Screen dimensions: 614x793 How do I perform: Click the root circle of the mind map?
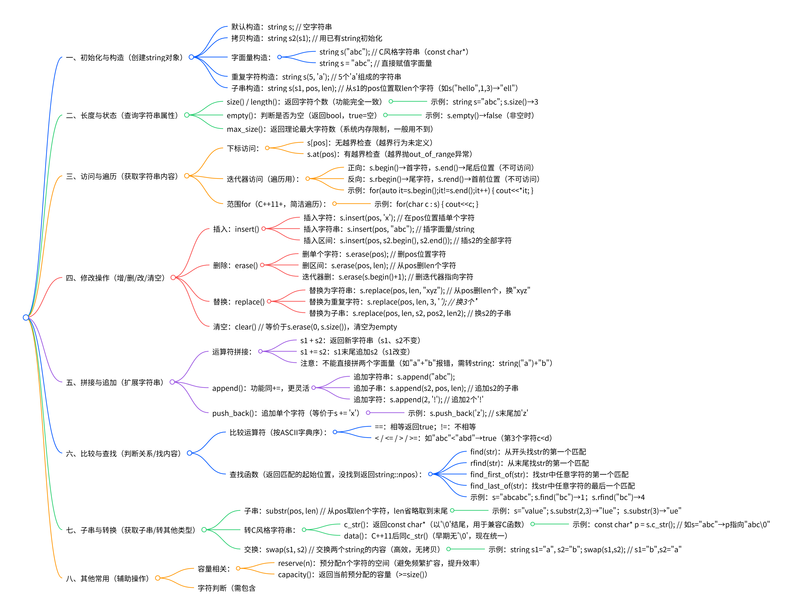point(26,317)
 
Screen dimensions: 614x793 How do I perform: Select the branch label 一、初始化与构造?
point(124,57)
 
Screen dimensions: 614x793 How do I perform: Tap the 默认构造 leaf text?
point(281,27)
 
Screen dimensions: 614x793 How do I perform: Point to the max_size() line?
point(330,129)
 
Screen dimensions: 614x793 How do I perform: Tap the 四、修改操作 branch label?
point(115,278)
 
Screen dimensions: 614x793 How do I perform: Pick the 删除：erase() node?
point(235,265)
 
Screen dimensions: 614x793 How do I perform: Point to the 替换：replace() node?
point(239,302)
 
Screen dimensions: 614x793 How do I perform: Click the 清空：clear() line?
point(305,327)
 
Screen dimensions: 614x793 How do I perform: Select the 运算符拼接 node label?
point(232,352)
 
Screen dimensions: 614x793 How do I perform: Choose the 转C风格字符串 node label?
point(270,530)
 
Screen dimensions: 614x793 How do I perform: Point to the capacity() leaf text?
point(352,574)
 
